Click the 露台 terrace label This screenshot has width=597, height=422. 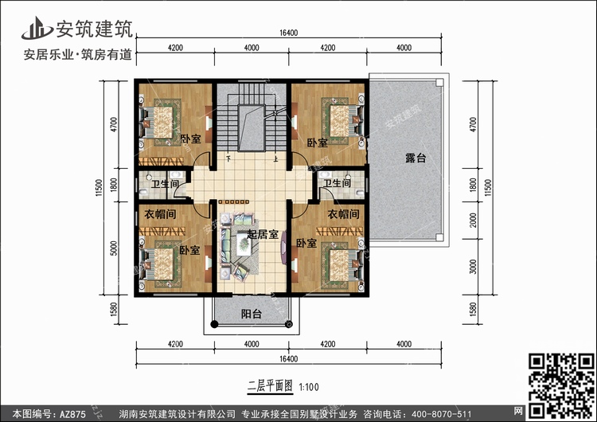click(416, 159)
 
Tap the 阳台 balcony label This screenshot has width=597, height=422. click(252, 315)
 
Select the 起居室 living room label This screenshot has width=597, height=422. click(263, 233)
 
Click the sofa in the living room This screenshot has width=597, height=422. click(230, 248)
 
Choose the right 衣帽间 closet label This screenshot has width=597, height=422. click(342, 215)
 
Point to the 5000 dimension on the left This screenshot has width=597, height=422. click(115, 249)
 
